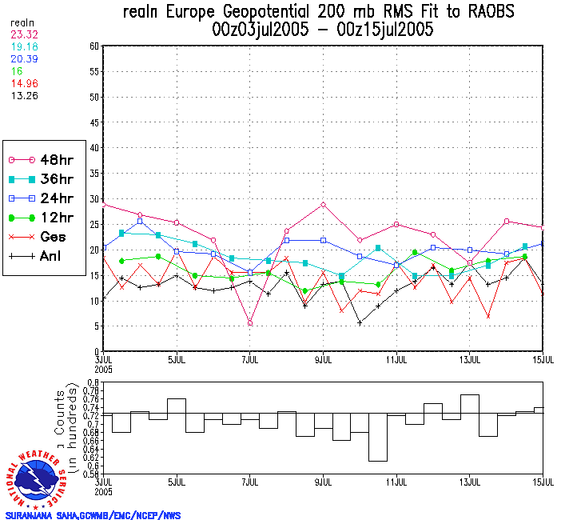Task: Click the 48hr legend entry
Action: [x=43, y=160]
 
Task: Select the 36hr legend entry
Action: [x=43, y=179]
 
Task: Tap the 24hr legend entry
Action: [x=43, y=198]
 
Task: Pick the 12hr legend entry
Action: [x=43, y=218]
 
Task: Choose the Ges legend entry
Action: [x=43, y=237]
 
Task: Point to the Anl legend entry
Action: [x=43, y=256]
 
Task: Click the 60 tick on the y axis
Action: [x=93, y=46]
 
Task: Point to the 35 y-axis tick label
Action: [x=93, y=174]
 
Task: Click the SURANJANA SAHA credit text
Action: [x=93, y=515]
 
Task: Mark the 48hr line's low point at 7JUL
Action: [x=250, y=323]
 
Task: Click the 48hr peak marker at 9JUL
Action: [x=323, y=205]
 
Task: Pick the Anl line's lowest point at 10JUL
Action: [x=360, y=322]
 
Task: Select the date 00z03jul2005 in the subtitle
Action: [x=261, y=31]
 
